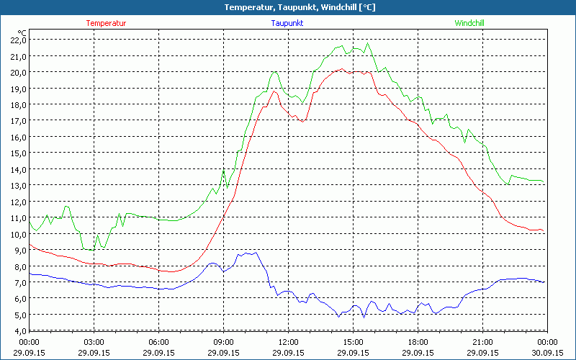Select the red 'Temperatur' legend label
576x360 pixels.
[x=106, y=23]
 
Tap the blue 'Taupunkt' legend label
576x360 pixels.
[x=287, y=23]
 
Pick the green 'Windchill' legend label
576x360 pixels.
[x=469, y=23]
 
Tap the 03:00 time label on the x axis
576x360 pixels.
[x=94, y=342]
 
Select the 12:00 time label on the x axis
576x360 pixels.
[x=288, y=342]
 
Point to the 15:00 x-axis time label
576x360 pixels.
[x=353, y=342]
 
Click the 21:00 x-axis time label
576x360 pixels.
[x=482, y=342]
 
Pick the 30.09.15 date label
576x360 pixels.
[x=547, y=353]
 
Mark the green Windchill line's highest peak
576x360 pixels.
[x=369, y=43]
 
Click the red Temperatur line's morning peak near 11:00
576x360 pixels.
[x=274, y=91]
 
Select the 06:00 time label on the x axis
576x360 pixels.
[x=159, y=342]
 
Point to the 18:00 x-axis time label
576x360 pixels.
[x=418, y=342]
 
